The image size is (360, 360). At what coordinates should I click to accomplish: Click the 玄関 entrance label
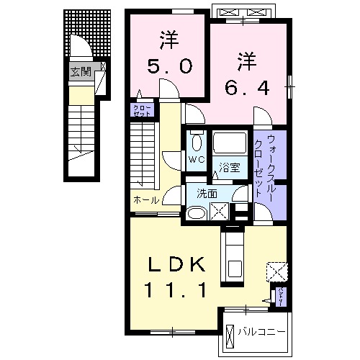[80, 71]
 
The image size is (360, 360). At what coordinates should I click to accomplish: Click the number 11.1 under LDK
[178, 290]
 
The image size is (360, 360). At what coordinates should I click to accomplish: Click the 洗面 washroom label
[199, 193]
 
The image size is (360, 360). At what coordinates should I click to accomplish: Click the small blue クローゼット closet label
[140, 110]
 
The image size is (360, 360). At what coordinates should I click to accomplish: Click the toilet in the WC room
[196, 140]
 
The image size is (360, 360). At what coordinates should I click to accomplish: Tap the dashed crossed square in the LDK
[276, 271]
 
